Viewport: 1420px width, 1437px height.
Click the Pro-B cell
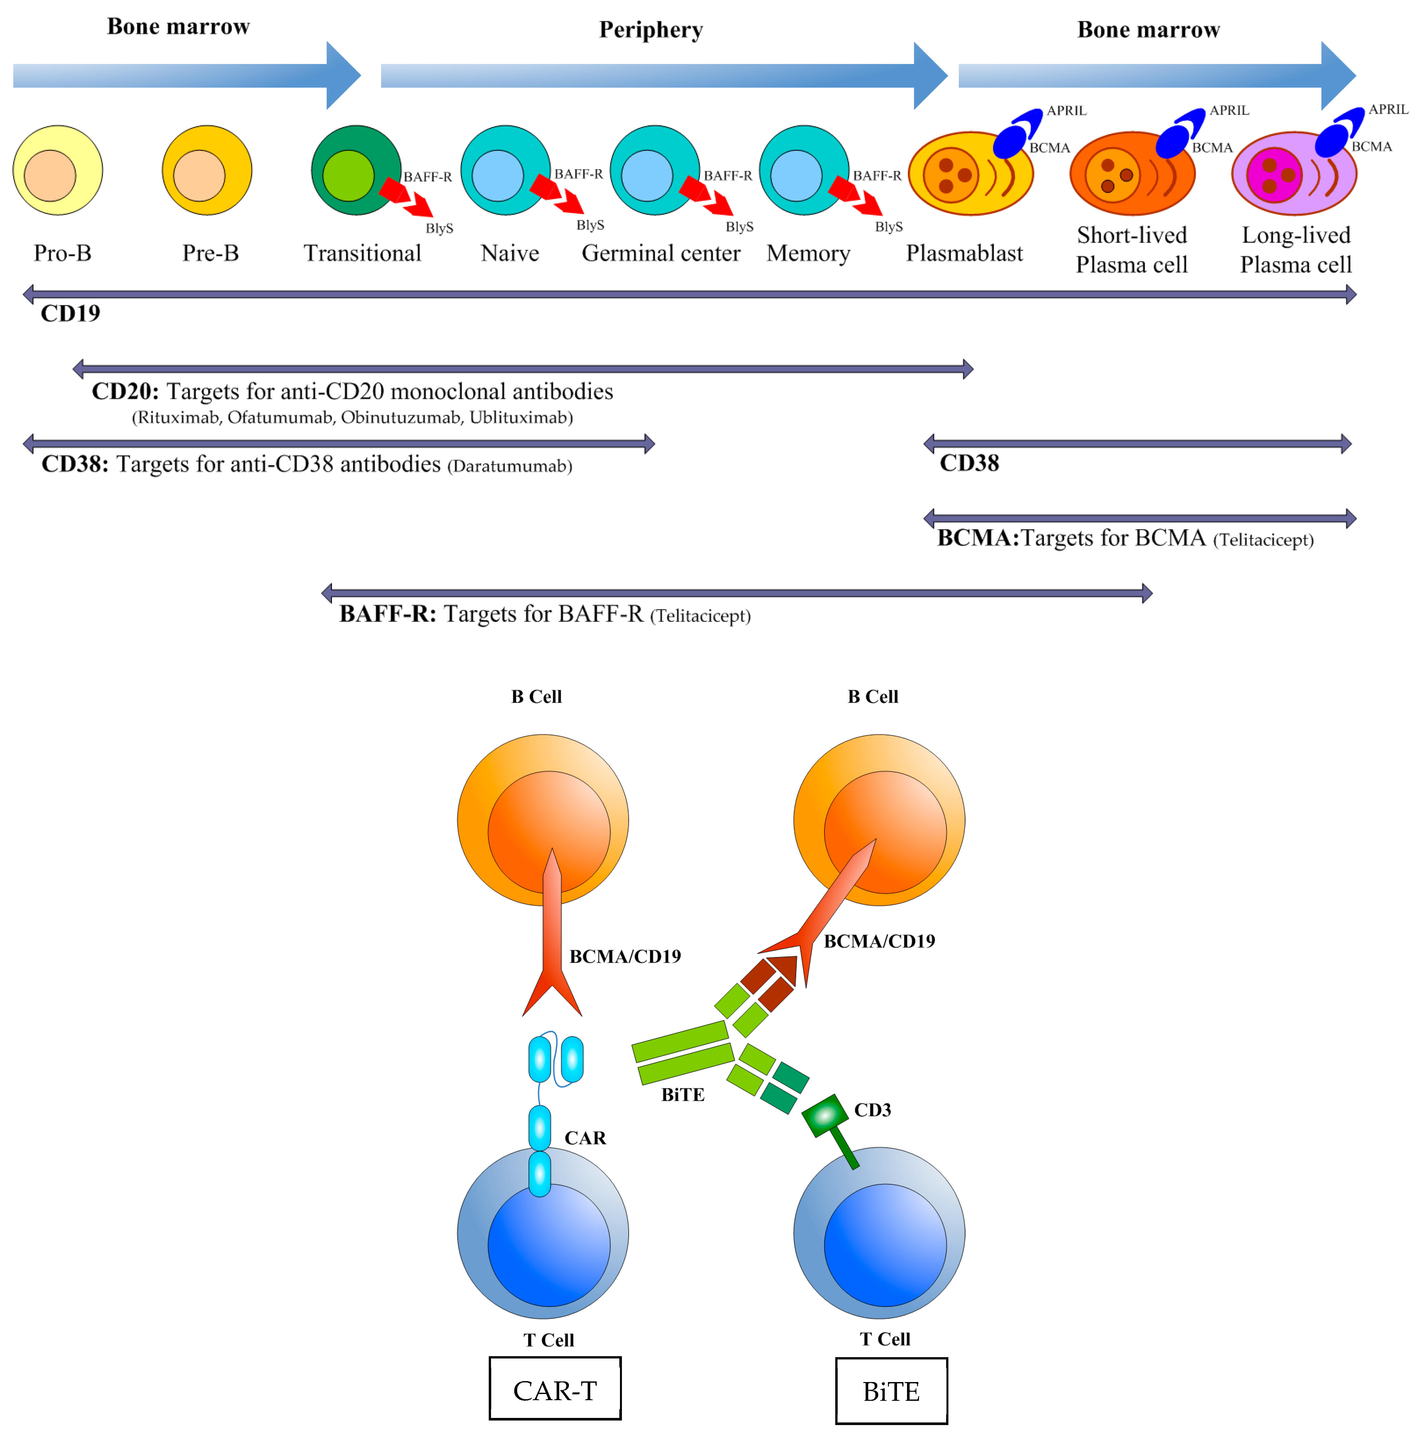(x=57, y=170)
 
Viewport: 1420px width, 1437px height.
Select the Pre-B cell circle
(x=207, y=170)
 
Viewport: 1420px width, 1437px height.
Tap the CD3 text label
(x=872, y=1110)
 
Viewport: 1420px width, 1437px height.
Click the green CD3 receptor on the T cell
(x=826, y=1116)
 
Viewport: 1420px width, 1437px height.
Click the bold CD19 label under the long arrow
(x=70, y=313)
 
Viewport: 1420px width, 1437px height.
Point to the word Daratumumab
(x=509, y=466)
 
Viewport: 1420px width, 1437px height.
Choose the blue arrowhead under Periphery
(x=930, y=75)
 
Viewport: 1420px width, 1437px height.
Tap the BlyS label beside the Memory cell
(x=888, y=227)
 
